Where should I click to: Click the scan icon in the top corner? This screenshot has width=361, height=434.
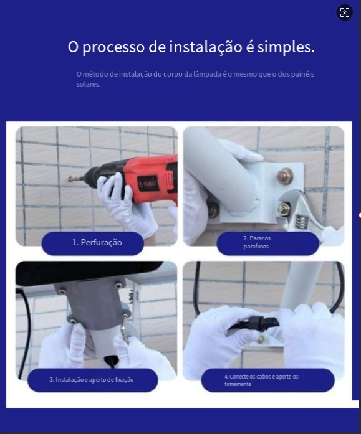point(344,12)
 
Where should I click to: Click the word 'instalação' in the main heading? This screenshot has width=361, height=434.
point(206,47)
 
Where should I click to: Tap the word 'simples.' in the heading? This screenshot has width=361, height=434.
point(286,47)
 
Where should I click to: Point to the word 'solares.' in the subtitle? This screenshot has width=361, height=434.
point(89,84)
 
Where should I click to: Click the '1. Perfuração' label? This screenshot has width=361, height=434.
point(97,242)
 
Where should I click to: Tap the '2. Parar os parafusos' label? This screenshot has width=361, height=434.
point(257,242)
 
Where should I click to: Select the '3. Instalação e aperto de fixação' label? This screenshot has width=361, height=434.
point(92,379)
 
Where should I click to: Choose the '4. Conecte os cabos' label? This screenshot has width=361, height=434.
point(261,380)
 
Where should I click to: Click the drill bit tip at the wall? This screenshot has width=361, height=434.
point(70,179)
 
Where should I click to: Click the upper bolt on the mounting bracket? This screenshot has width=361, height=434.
point(285,176)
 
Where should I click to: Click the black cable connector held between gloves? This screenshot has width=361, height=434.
point(256,323)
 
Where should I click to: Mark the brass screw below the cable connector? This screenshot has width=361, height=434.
point(260,339)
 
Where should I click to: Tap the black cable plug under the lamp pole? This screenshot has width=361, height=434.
point(112,361)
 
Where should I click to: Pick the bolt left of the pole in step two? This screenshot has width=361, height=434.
point(213,210)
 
